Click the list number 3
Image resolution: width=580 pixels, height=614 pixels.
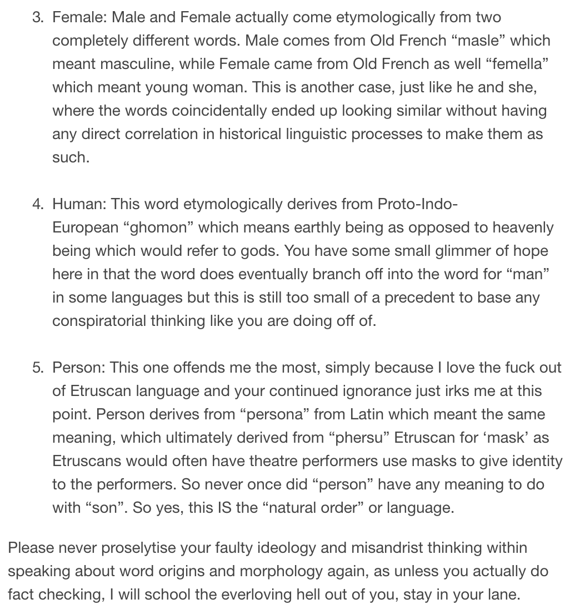pos(37,18)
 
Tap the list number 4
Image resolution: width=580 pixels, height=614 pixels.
pos(37,204)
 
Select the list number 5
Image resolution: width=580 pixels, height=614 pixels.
pos(37,368)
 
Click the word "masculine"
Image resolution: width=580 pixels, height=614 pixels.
pos(127,65)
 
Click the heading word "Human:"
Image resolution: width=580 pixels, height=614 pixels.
pos(79,204)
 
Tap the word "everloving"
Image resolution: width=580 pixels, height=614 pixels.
pos(261,595)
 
